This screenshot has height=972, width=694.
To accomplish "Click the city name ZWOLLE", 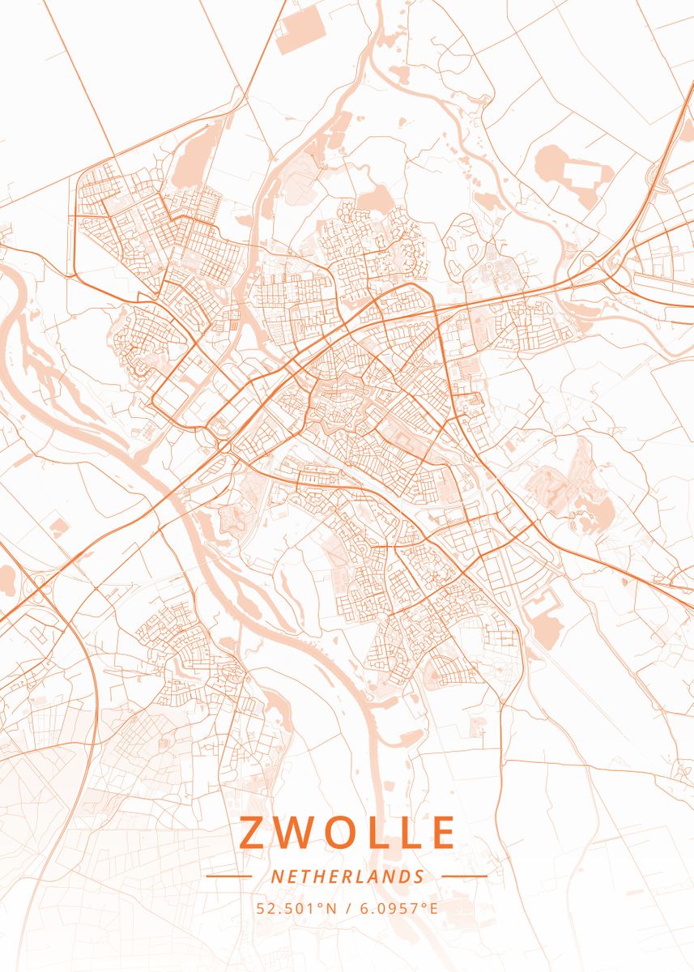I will [347, 833].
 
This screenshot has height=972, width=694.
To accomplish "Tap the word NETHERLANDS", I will [347, 876].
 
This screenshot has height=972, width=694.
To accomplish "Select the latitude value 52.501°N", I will [296, 908].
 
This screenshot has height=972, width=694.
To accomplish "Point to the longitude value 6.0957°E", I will [398, 908].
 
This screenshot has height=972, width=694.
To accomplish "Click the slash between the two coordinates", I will [347, 908].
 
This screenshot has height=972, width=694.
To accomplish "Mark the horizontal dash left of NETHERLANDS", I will [229, 876].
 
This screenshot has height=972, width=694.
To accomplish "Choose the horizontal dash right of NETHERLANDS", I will [464, 876].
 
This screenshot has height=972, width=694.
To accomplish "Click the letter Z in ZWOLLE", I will [253, 833].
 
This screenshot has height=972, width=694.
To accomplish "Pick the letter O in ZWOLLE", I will [334, 833].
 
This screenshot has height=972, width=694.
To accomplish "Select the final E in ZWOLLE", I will [443, 833].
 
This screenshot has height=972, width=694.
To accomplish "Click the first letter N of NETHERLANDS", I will [276, 876].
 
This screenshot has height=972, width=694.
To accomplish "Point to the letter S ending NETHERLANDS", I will [419, 876].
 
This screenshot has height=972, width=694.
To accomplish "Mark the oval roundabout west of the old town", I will [224, 445].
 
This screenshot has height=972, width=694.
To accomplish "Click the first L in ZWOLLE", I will [373, 833].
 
